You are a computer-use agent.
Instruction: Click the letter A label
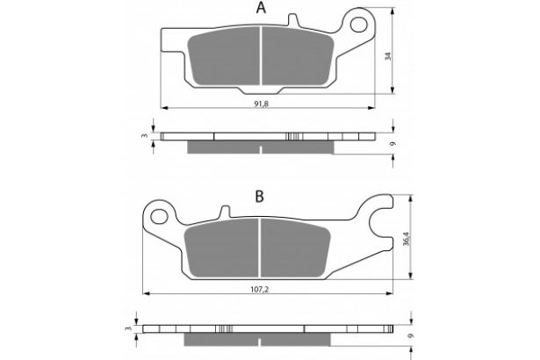coord(260,10)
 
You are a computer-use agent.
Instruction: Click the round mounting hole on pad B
coord(159,214)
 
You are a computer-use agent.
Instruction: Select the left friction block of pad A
coord(227,61)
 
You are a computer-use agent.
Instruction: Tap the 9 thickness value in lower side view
coord(410,335)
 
